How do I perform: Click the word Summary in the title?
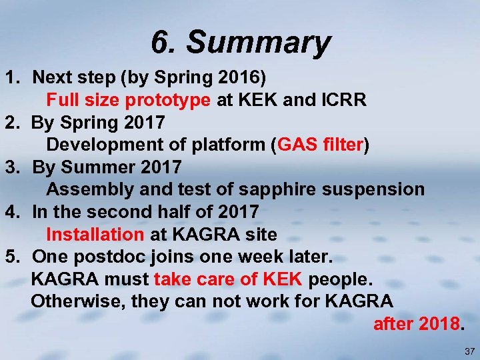click(x=258, y=43)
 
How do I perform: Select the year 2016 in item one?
click(x=241, y=78)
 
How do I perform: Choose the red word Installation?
click(x=95, y=235)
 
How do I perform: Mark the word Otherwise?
click(x=78, y=301)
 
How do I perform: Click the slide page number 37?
click(x=469, y=351)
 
